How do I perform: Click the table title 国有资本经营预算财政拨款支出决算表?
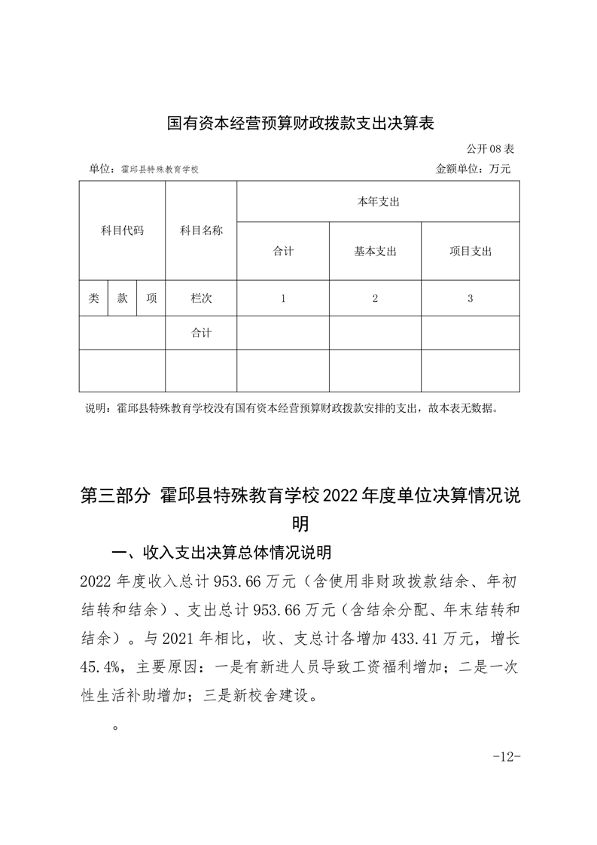point(300,123)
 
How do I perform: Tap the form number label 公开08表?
point(489,149)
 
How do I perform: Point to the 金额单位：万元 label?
point(473,169)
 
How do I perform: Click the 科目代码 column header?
point(122,230)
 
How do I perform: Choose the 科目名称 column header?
point(201,230)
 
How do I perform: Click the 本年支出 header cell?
point(378,202)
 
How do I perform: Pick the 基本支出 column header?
point(375,252)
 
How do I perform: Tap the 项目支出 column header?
point(470,252)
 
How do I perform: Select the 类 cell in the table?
point(93,298)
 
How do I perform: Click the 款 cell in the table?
point(122,298)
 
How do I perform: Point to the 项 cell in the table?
point(151,298)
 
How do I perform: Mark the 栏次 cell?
point(201,298)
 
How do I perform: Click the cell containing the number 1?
point(283,298)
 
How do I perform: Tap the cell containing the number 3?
point(470,298)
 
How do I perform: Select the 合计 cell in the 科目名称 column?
point(201,333)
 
